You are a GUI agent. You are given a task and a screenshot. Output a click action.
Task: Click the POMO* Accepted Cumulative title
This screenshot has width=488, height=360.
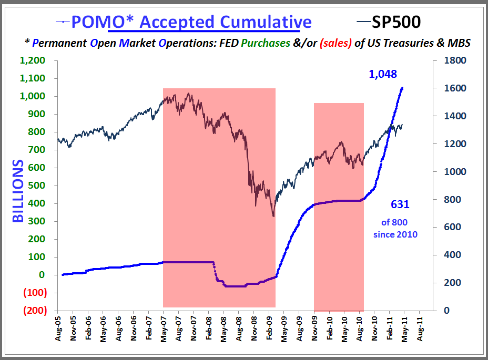tap(191, 22)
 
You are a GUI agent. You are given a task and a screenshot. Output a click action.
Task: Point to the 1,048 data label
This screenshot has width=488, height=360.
tap(383, 75)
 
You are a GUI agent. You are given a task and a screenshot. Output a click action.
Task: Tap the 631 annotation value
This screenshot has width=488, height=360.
tap(400, 204)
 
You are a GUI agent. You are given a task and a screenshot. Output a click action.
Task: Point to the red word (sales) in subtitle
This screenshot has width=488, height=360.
tap(334, 43)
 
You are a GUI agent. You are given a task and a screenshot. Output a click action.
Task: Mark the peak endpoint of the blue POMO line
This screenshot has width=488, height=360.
tap(402, 88)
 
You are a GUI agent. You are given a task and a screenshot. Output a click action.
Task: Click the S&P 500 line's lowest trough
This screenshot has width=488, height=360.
tap(273, 216)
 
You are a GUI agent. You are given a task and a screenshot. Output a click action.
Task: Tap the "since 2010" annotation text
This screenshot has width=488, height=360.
tap(395, 234)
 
